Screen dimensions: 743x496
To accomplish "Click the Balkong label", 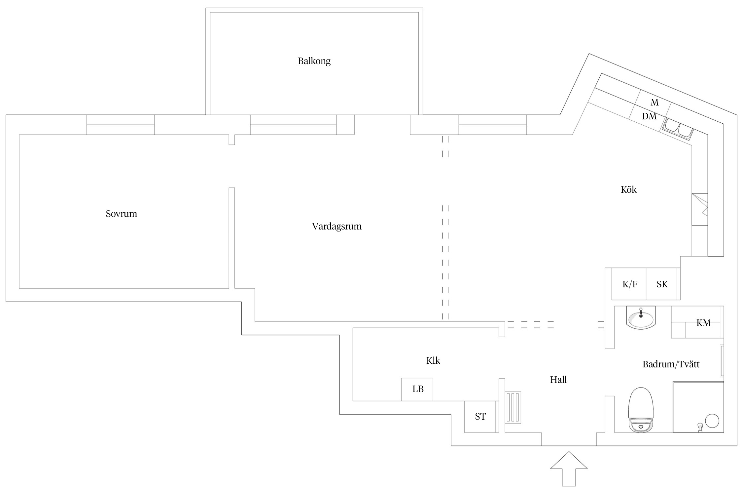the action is (x=314, y=61).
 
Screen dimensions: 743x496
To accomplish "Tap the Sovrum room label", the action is (x=121, y=214).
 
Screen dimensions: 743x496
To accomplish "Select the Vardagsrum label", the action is (x=337, y=227).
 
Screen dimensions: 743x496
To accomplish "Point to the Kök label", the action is (x=628, y=189).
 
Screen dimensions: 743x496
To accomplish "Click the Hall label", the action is (x=558, y=380).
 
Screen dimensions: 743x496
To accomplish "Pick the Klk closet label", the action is (x=433, y=360).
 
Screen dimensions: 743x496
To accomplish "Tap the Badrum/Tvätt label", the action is (x=671, y=364).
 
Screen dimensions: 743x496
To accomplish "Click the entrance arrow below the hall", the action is (x=569, y=469).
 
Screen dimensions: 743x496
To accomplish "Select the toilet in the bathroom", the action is (x=641, y=410).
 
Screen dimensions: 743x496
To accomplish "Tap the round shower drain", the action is (x=712, y=421).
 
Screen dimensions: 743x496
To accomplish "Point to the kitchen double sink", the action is (x=678, y=129).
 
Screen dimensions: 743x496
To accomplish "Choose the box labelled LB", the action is (x=417, y=390).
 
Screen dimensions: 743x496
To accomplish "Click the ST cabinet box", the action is (x=480, y=417).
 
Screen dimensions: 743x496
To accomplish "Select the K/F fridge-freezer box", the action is (x=629, y=284).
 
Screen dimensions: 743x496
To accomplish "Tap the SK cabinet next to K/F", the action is (x=662, y=284).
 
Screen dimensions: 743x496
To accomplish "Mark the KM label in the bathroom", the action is (x=703, y=323).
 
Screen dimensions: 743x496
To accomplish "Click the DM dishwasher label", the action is (x=649, y=116).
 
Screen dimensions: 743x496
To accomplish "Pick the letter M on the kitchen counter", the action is (x=655, y=103).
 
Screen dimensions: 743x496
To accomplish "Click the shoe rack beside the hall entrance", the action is (x=513, y=407).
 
